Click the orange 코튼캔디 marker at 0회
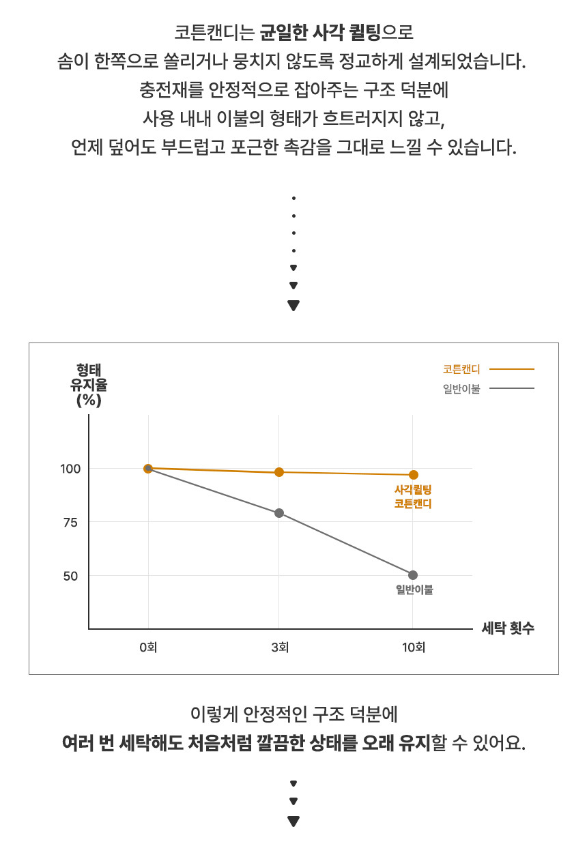pos(148,469)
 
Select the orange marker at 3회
pos(279,472)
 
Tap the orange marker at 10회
pos(413,475)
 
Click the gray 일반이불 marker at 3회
pos(279,513)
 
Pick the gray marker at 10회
pos(413,575)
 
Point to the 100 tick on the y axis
pos(71,469)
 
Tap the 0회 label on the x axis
pos(148,647)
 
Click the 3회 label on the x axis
pos(279,647)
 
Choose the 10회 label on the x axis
pos(413,647)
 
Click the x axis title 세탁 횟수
pos(508,629)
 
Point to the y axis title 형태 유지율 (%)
pos(89,385)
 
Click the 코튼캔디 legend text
pos(461,369)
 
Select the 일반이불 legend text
pos(461,389)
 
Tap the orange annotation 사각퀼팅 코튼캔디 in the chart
pos(414,497)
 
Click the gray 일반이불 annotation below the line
pos(414,590)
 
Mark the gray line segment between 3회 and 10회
pos(346,544)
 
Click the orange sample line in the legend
pos(512,369)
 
